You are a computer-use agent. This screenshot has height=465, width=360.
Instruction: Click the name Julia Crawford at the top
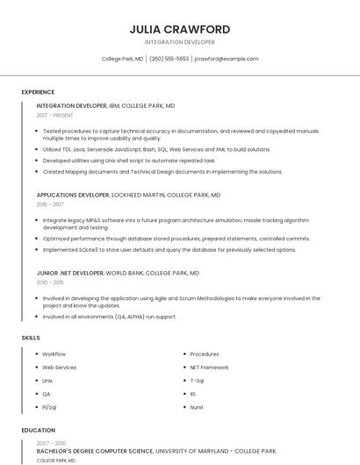point(179,29)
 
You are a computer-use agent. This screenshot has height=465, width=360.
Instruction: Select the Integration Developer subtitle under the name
point(179,42)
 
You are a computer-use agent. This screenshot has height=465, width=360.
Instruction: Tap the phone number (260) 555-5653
point(169,59)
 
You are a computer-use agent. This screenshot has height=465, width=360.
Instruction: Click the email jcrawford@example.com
point(227,59)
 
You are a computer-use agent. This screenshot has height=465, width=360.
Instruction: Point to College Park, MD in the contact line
point(122,59)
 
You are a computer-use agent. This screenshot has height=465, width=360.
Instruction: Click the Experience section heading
point(38,92)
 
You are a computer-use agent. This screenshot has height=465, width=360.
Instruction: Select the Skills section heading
point(31,337)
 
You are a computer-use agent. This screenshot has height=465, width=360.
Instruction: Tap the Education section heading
point(38,430)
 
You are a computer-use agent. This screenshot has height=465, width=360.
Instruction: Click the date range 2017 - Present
point(55,116)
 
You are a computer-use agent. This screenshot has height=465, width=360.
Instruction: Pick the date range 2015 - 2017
point(50,204)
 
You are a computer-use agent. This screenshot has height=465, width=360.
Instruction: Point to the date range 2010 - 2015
point(50,283)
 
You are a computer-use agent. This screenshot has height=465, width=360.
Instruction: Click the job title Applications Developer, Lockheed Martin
point(128,195)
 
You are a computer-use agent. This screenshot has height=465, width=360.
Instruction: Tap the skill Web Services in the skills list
point(60,368)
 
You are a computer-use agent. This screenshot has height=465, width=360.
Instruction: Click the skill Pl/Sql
point(49,407)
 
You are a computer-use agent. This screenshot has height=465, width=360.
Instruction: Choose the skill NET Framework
point(209,368)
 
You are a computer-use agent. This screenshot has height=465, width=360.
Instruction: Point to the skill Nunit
point(197,407)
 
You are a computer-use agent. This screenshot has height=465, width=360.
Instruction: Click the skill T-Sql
point(197,381)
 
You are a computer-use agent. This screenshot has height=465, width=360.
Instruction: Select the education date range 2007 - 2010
point(50,444)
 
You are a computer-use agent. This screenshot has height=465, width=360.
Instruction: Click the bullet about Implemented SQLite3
point(169,249)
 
